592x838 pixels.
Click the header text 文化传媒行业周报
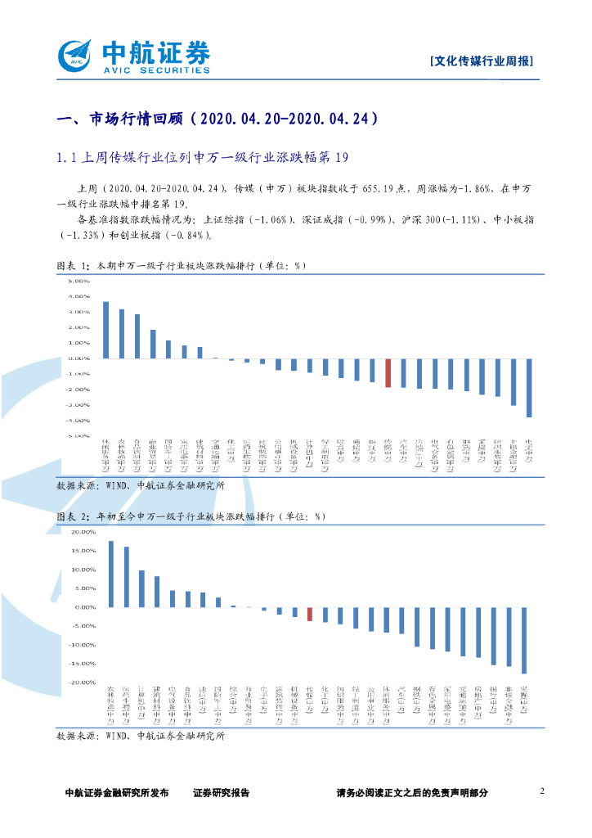pos(482,61)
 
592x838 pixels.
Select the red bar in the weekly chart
pos(388,372)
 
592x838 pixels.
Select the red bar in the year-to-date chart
pos(310,614)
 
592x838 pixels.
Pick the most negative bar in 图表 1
pos(529,387)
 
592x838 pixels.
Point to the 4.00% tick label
pos(78,296)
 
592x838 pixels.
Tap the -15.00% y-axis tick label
pos(83,663)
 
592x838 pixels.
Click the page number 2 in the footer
pos(542,791)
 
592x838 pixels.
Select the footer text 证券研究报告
pos(221,792)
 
